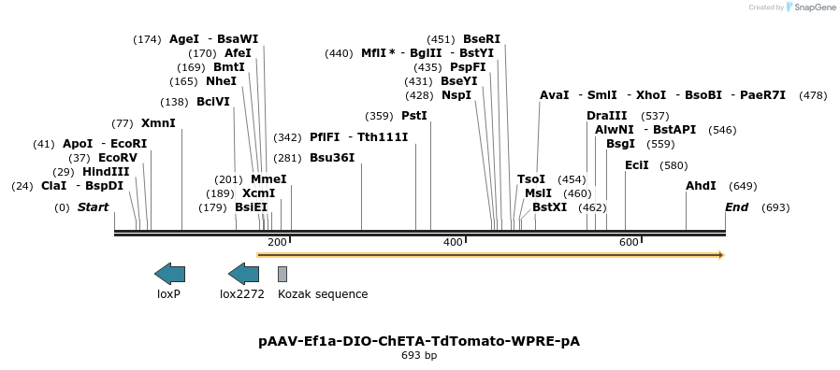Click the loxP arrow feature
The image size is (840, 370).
(169, 274)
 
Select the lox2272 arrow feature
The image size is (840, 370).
(243, 274)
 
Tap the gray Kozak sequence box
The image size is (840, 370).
(282, 274)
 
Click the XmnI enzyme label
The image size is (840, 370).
(158, 123)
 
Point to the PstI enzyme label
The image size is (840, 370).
(413, 116)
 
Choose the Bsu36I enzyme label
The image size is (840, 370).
(332, 158)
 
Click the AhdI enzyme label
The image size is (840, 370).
(701, 186)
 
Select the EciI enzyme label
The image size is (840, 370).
(637, 165)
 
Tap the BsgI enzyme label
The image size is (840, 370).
(620, 144)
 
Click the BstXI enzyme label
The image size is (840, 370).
(549, 207)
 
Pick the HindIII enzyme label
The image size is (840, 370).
(106, 172)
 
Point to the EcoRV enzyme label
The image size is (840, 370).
(118, 158)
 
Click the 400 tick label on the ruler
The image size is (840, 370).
(453, 243)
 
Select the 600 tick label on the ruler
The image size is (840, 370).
(629, 243)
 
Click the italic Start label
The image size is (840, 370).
(93, 207)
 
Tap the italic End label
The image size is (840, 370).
(736, 207)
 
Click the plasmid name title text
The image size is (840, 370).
(419, 341)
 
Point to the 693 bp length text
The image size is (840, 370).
(419, 356)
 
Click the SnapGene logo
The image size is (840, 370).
(811, 7)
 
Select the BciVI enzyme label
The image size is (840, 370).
(212, 102)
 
